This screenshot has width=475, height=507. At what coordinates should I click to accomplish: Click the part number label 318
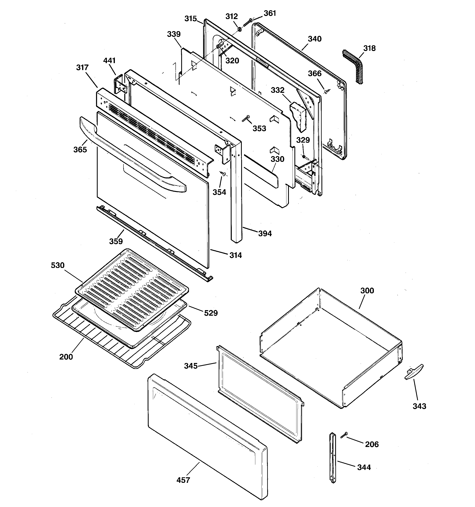pyautogui.click(x=369, y=48)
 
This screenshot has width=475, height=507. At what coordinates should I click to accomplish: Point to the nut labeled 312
pyautogui.click(x=240, y=29)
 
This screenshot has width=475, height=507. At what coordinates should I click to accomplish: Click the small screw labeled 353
pyautogui.click(x=246, y=119)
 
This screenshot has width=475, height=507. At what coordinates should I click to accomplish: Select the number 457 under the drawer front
pyautogui.click(x=183, y=480)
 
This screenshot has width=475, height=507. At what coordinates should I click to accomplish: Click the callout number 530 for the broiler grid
pyautogui.click(x=58, y=265)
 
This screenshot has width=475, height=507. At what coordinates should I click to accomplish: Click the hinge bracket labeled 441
pyautogui.click(x=120, y=85)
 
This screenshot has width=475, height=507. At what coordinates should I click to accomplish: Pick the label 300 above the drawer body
pyautogui.click(x=367, y=290)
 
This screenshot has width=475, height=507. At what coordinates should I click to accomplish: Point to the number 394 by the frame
pyautogui.click(x=265, y=233)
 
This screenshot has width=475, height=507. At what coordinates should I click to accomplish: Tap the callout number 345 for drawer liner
pyautogui.click(x=191, y=366)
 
